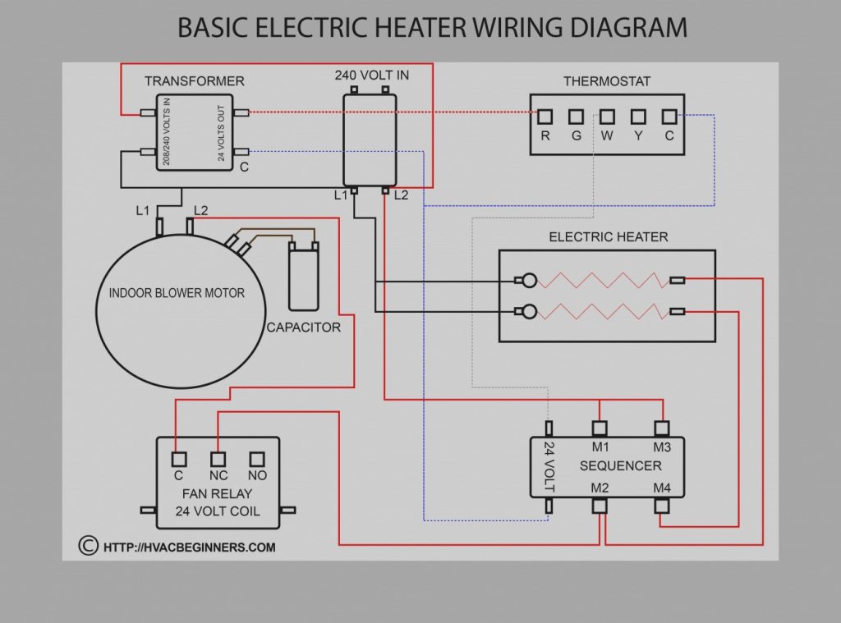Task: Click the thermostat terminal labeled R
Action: point(545,117)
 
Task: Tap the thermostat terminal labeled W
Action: point(607,117)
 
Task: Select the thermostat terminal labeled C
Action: point(669,117)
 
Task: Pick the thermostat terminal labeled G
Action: point(576,117)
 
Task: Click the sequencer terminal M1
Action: point(600,428)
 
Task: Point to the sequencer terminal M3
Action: point(662,428)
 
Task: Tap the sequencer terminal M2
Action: point(600,506)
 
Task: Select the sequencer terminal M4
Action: point(662,506)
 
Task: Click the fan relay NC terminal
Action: point(218,459)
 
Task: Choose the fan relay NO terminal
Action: point(257,459)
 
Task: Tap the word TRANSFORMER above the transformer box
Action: point(195,81)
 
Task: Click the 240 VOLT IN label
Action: point(371,76)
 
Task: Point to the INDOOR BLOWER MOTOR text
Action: point(177,292)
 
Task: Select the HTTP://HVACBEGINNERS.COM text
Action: point(189,547)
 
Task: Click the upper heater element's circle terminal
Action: point(530,281)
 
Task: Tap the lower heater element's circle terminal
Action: point(530,311)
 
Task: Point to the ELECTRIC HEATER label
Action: point(608,237)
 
